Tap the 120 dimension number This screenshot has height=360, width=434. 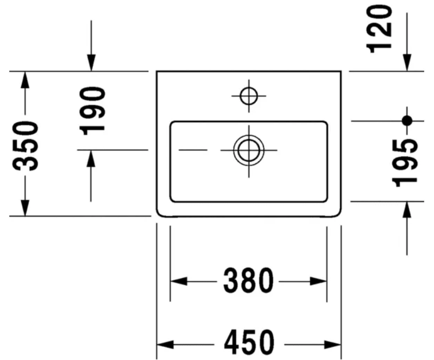[x=380, y=28]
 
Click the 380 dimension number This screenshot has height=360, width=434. [x=248, y=281]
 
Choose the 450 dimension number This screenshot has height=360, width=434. [x=248, y=343]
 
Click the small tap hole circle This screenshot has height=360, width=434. [x=248, y=96]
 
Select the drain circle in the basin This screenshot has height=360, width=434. [x=249, y=149]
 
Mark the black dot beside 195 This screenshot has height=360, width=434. [x=407, y=121]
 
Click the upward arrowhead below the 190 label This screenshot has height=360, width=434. [x=91, y=158]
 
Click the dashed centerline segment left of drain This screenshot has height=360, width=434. [x=193, y=149]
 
